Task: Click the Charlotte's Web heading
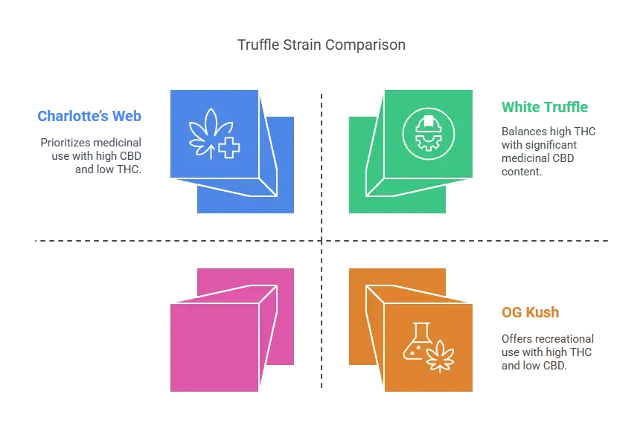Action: point(89,117)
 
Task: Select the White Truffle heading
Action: point(544,107)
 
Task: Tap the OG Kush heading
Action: point(530,313)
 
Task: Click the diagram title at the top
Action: point(321,45)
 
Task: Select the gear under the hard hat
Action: point(428,138)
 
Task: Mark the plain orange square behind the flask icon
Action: point(357,282)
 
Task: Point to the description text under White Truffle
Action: point(548,152)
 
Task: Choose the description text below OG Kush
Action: point(547,351)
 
